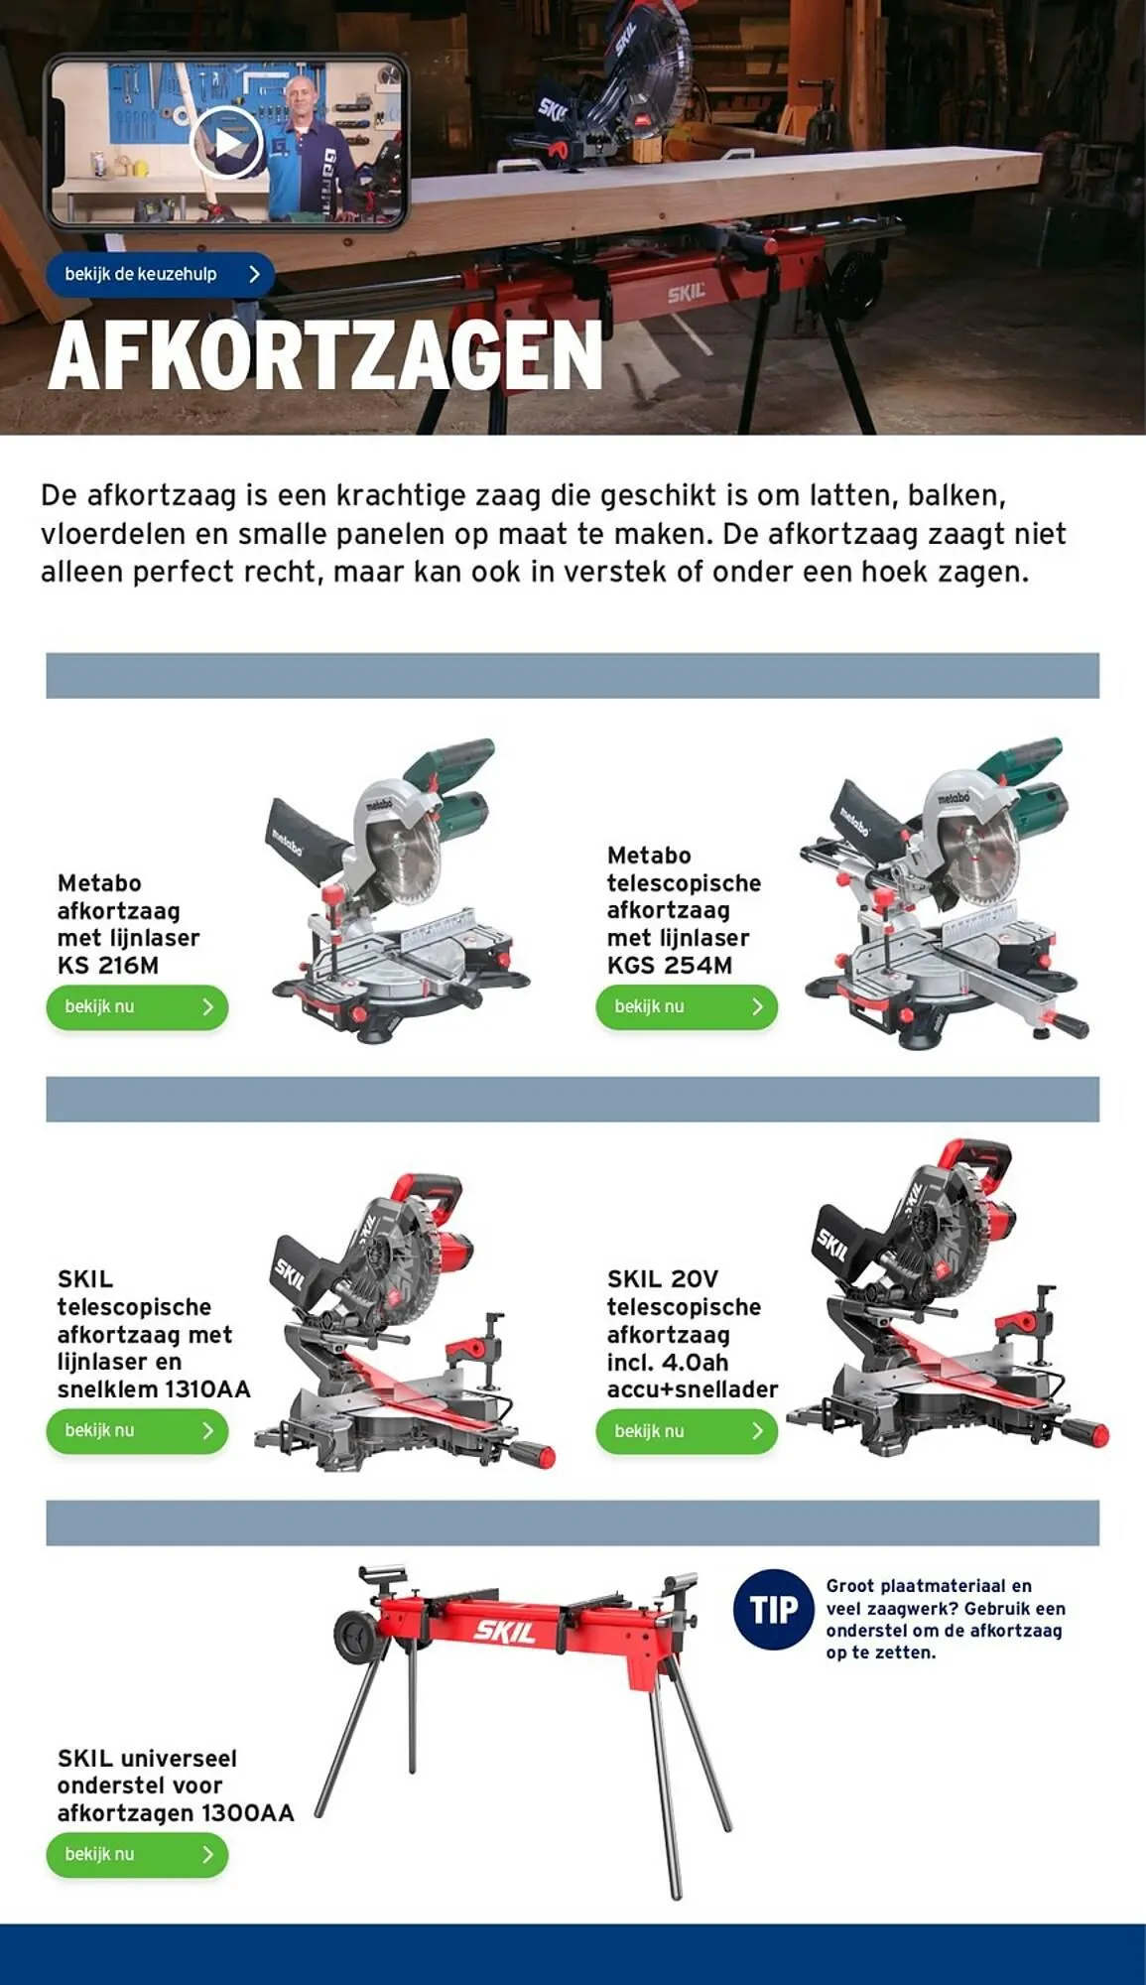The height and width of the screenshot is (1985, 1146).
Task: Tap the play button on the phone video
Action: (226, 143)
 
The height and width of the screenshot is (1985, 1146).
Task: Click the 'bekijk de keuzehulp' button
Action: (160, 274)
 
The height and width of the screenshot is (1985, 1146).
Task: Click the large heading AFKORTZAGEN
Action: (325, 355)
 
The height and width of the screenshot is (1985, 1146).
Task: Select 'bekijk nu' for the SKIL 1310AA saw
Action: (137, 1430)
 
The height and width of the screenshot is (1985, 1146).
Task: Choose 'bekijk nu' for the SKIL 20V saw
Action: (687, 1431)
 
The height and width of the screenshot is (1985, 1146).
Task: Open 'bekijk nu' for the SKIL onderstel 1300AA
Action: (137, 1854)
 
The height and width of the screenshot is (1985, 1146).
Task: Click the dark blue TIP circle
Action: (774, 1609)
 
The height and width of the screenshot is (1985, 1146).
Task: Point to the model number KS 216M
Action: (108, 965)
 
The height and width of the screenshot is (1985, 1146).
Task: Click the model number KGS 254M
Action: (670, 965)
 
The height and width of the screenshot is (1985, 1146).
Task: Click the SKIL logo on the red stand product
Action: (505, 1630)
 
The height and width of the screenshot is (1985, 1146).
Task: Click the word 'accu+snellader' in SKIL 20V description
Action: (693, 1389)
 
